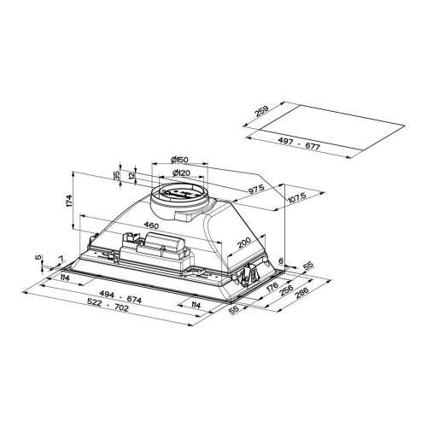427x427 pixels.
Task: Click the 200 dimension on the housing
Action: [243, 244]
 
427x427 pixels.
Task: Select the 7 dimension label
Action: [60, 258]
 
